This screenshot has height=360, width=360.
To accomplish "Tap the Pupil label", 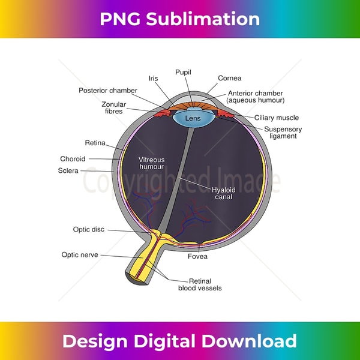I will point(183,72).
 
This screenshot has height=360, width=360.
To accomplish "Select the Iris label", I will point(154,79).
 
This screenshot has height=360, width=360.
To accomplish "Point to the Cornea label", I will point(230,78).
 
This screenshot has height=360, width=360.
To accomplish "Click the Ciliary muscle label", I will point(277,118).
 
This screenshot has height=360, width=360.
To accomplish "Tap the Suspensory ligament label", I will point(283,133).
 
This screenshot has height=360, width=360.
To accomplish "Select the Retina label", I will point(95,143).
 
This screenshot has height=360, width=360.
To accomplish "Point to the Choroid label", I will point(73,159).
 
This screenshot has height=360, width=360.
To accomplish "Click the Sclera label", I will point(68,171).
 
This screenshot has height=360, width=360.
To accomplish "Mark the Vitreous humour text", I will point(151,163).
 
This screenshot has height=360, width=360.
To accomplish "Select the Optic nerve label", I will point(80,255).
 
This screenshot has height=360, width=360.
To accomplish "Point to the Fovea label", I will point(197,257).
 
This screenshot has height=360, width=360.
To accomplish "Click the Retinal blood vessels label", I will point(200,284).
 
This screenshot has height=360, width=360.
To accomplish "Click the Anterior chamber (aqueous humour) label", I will point(256,97).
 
